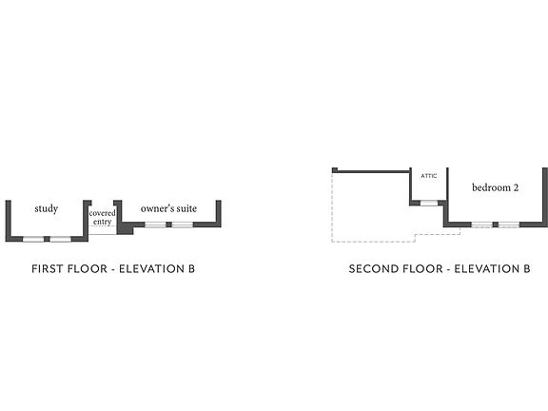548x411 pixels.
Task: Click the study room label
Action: point(46,209)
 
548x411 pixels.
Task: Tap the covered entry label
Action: point(102,217)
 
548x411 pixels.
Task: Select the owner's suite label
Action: point(168,208)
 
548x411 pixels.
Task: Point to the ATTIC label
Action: point(428,176)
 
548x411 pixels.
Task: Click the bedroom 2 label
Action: point(496,187)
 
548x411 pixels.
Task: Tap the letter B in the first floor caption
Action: point(191,268)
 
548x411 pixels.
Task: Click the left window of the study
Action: point(33,239)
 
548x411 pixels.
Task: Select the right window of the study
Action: point(61,239)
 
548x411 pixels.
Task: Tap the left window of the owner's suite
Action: point(155,225)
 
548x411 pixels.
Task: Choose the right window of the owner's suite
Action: point(182,225)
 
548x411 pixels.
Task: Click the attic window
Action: point(429,203)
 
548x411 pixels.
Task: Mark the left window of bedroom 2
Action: point(482,225)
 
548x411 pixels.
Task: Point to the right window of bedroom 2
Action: point(509,225)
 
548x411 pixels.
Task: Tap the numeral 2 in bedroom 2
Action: point(516,187)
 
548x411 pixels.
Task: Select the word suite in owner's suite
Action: point(186,208)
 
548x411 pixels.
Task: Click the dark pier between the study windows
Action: point(47,239)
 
